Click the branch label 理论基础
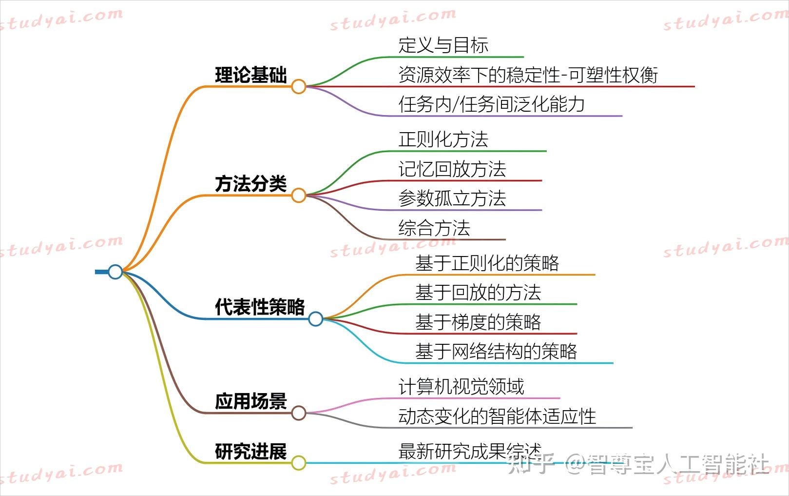tap(251, 76)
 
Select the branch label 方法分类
tap(251, 184)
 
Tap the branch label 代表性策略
tap(260, 307)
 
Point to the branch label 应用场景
tap(251, 402)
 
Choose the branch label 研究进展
tap(251, 452)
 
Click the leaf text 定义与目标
tap(443, 45)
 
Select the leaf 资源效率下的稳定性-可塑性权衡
tap(528, 75)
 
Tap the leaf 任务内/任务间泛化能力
tap(491, 104)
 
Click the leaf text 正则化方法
tap(443, 139)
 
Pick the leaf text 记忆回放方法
tap(452, 169)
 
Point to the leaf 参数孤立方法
tap(452, 198)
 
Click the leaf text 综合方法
tap(434, 228)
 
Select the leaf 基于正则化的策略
tap(487, 263)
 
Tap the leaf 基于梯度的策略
tap(478, 322)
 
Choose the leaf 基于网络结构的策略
tap(496, 352)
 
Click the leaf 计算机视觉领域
tap(461, 387)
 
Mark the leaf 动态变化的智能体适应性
tap(497, 417)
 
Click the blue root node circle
tap(115, 272)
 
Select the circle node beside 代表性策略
tap(316, 319)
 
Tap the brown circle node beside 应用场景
tap(299, 413)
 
